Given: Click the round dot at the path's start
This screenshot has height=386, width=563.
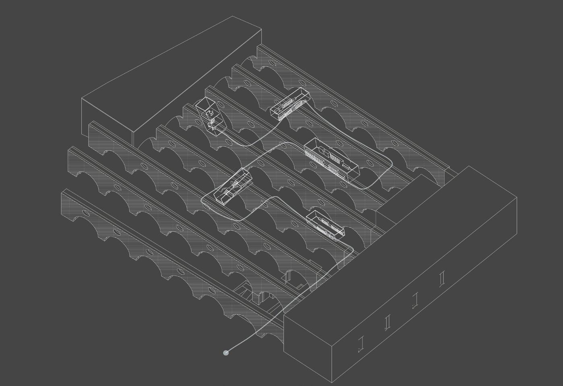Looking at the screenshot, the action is coord(226,353).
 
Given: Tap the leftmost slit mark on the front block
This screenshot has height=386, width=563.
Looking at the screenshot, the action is coord(361,343).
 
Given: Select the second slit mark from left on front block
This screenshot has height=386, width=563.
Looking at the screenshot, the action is coord(388,322).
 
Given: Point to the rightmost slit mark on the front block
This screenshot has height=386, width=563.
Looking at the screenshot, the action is coord(442,278).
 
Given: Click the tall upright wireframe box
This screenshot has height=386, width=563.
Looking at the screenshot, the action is coord(210,115).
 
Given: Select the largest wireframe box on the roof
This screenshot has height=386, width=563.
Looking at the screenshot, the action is coord(331,159).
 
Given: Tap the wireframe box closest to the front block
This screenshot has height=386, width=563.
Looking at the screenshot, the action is coord(325,225).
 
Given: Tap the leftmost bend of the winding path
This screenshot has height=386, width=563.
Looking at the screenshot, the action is coord(203,199).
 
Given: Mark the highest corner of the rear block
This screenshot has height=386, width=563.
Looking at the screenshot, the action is coord(233,16).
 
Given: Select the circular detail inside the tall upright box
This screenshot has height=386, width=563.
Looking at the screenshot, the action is coord(209,114).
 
